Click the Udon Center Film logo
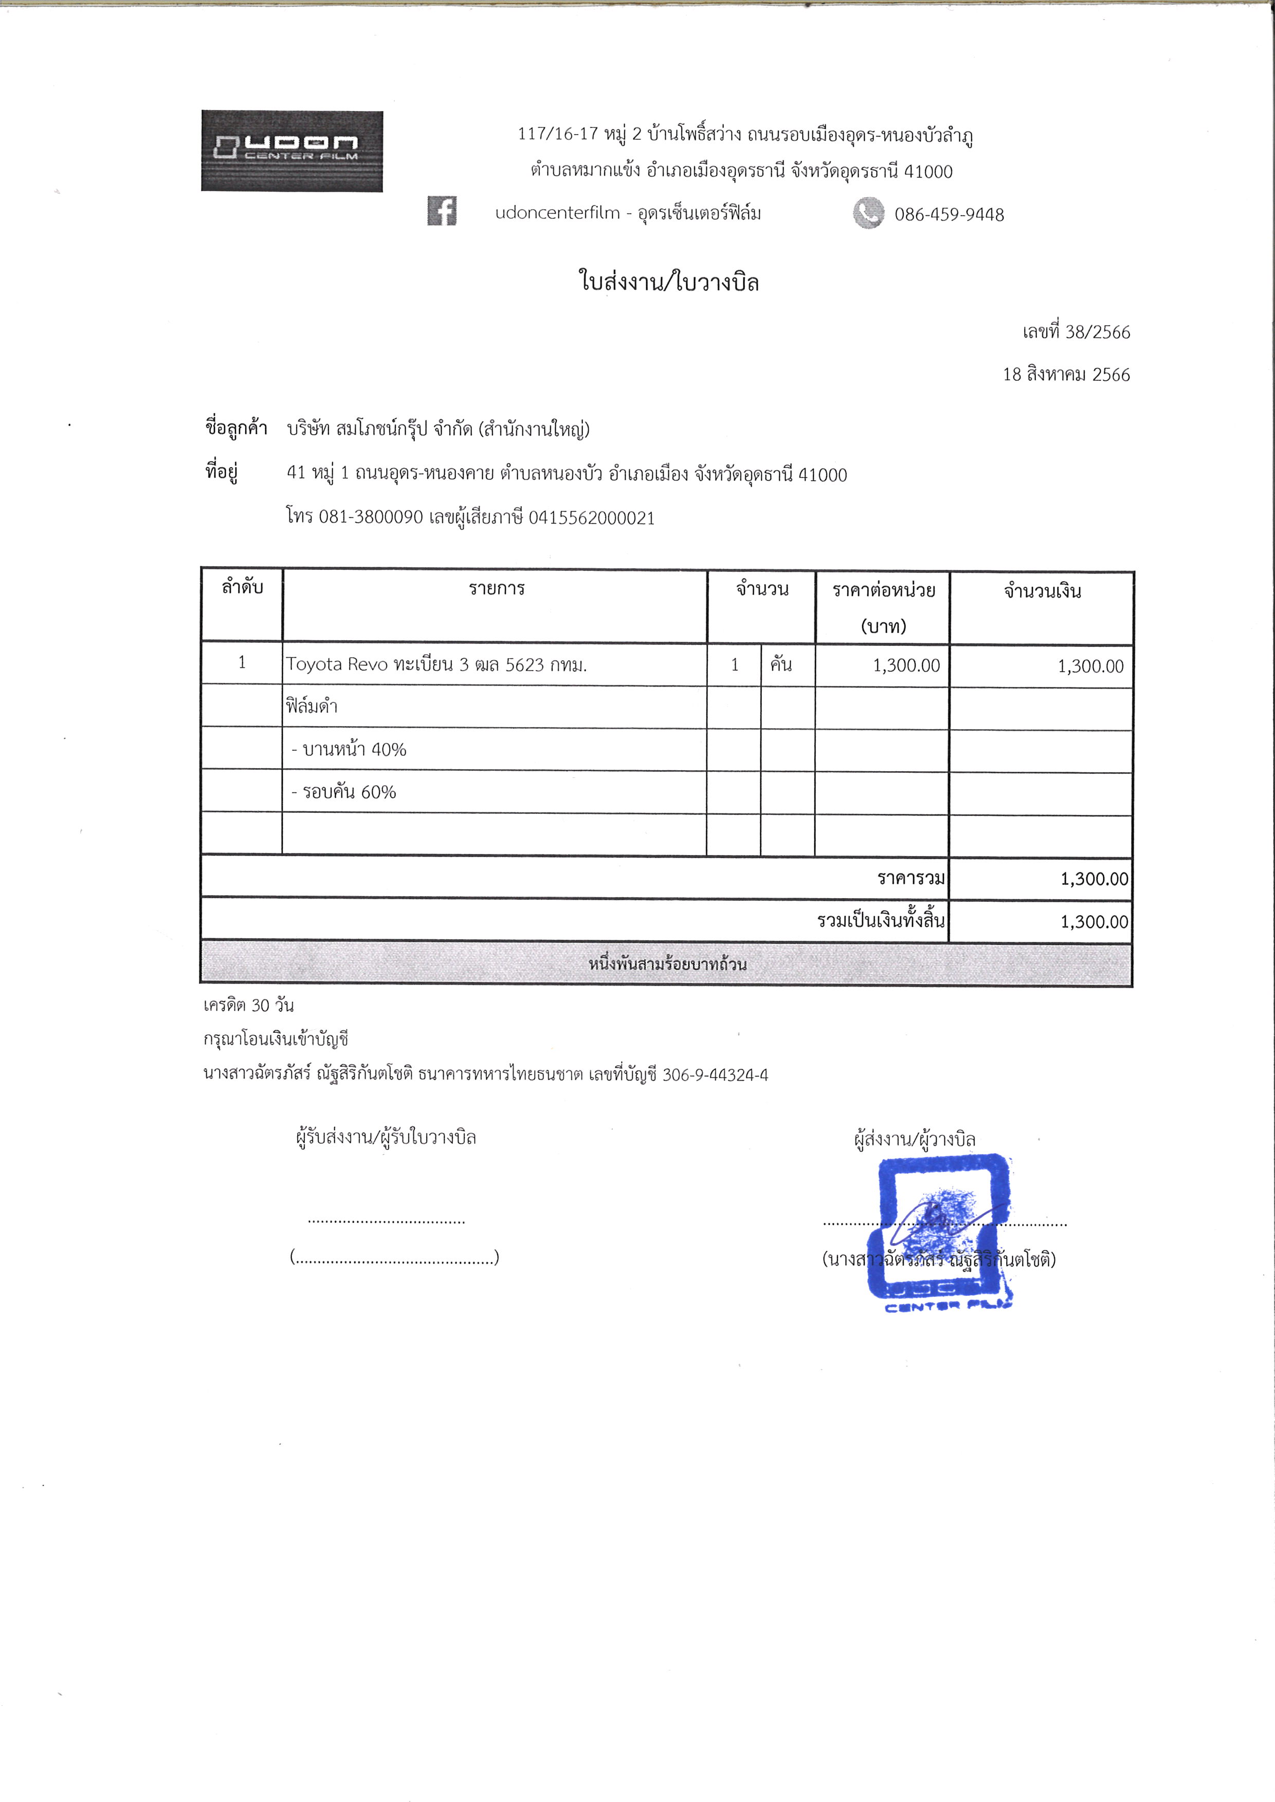pos(292,151)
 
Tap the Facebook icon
pos(442,211)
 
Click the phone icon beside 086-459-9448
pos(868,213)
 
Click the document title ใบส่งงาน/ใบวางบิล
pos(669,281)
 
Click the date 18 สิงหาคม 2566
pos(1066,375)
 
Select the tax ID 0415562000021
pos(591,518)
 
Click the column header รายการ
pos(496,589)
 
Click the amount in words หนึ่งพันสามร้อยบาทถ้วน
pos(667,964)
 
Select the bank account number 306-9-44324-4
pos(715,1074)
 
